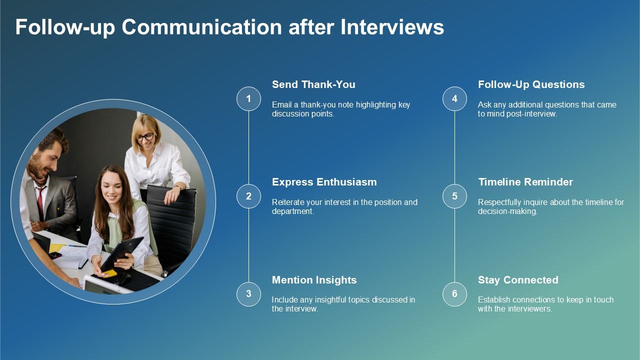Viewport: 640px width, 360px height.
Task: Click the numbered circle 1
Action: tap(248, 98)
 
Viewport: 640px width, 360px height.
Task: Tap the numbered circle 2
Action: tap(248, 196)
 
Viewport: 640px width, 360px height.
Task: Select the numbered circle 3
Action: tap(248, 294)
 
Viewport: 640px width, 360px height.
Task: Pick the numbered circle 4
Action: tap(454, 98)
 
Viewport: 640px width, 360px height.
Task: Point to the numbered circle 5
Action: tap(454, 196)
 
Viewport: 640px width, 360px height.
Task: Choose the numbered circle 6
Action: tap(454, 294)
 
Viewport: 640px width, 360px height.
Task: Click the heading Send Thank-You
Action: tap(313, 84)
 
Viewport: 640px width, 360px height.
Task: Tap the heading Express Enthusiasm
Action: tap(324, 182)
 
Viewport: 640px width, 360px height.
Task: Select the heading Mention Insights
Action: tap(314, 280)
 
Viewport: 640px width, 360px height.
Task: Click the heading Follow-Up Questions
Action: tap(531, 84)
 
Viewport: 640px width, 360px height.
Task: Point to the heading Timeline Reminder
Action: tap(525, 182)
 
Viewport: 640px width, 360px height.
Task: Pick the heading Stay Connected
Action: tap(518, 280)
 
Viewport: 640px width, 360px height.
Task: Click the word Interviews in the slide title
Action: tap(392, 27)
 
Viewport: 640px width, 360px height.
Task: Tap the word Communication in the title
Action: tap(201, 27)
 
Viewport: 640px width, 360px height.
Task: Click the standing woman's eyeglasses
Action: tap(146, 137)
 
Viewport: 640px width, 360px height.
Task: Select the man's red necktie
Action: tap(40, 202)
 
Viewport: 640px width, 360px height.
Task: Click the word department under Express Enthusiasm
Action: tap(293, 211)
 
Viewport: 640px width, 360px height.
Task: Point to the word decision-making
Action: tap(507, 211)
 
